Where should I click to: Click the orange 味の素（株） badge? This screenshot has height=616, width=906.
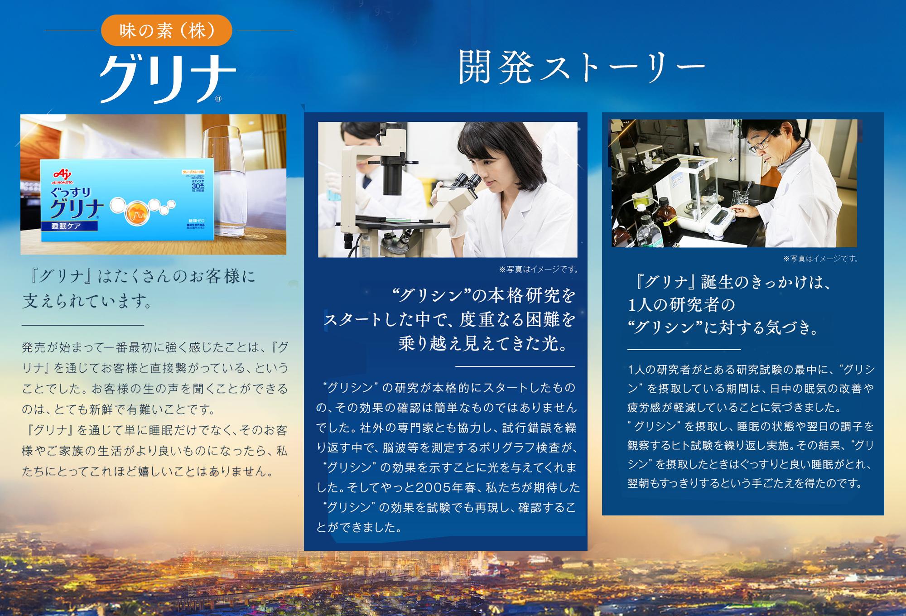click(x=167, y=30)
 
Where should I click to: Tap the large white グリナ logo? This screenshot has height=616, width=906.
click(x=168, y=80)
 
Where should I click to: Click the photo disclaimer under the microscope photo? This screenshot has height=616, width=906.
click(x=538, y=270)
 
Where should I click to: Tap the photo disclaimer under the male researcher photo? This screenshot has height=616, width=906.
click(x=821, y=259)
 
